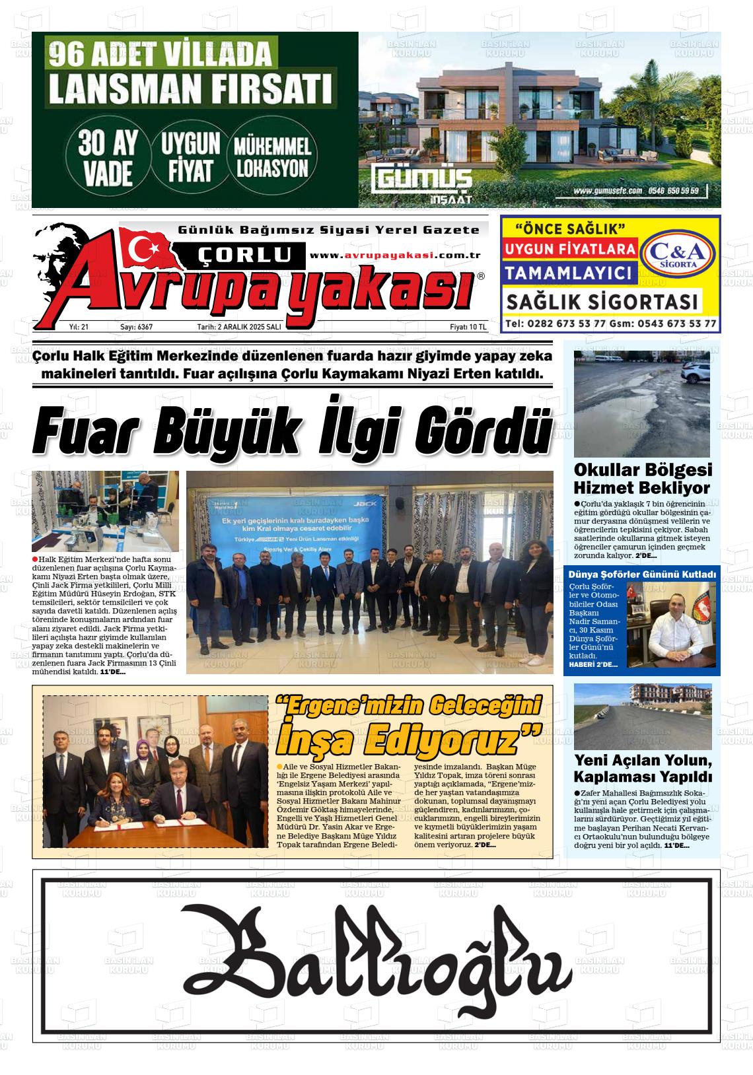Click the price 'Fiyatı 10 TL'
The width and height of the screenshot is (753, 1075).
pos(468,327)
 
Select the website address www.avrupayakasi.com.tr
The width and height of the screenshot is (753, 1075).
pos(394,256)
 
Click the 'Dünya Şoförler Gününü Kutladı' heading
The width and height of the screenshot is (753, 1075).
pos(642,574)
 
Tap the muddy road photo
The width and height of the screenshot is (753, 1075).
pos(641,403)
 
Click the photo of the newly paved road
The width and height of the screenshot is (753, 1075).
pos(642,716)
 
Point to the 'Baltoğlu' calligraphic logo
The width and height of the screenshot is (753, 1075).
pos(376,956)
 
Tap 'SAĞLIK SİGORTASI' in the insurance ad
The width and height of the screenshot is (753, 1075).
pos(602,302)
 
